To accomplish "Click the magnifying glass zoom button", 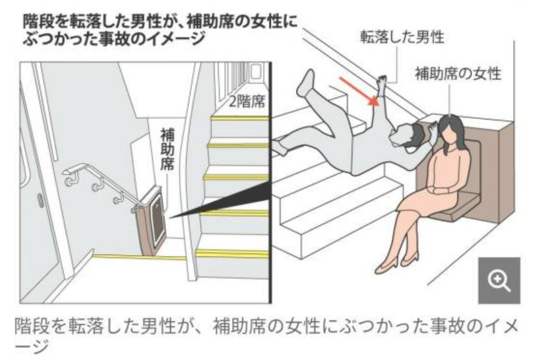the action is [499, 281].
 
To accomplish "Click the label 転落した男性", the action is [402, 37].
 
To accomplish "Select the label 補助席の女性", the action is [458, 74].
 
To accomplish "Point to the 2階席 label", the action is [247, 101].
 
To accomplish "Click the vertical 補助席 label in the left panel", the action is [167, 149].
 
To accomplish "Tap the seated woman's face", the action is [447, 131].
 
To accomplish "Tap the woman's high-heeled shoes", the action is [397, 260].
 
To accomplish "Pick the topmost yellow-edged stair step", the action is [240, 118].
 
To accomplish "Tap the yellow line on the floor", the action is [140, 256].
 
